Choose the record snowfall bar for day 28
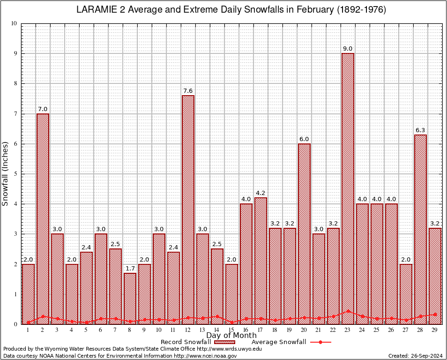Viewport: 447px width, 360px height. (x=420, y=229)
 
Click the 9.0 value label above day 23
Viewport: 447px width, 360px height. (x=348, y=49)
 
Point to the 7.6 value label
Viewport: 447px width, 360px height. (x=188, y=91)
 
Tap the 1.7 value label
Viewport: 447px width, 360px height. (x=130, y=269)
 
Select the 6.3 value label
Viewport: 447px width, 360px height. (x=420, y=130)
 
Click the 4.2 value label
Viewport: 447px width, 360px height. (x=261, y=193)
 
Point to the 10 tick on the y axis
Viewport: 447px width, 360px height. (x=14, y=23)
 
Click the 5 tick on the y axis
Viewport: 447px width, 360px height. (x=15, y=174)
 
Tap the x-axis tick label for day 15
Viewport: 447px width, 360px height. (x=231, y=330)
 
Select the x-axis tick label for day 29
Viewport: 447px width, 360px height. (x=435, y=330)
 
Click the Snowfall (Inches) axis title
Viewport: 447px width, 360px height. (x=6, y=174)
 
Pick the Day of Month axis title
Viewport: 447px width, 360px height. (x=231, y=336)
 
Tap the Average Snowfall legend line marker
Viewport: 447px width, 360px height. (x=320, y=342)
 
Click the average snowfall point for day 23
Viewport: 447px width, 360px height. (x=348, y=311)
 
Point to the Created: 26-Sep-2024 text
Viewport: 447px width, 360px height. (x=415, y=356)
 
